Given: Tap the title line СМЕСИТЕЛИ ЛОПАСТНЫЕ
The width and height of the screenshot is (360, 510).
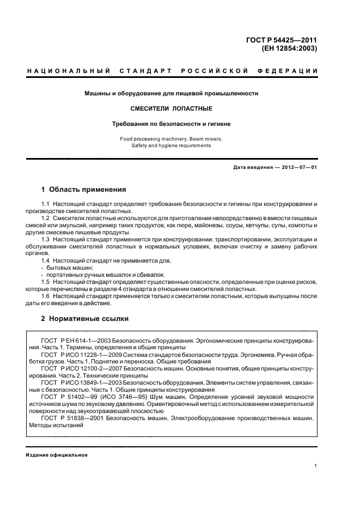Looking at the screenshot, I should (170, 108).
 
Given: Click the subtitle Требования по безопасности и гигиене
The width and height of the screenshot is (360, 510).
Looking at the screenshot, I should (170, 124).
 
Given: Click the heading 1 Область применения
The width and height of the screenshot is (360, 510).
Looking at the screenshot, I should (84, 190).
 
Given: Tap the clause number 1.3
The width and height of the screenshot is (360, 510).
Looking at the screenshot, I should (45, 239).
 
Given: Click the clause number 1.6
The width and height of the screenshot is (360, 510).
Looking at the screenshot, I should (45, 296).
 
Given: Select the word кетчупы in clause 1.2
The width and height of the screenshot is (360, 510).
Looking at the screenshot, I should (249, 225).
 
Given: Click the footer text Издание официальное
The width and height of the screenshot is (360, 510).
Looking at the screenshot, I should (57, 455).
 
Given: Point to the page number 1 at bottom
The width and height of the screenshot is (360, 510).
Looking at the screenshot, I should (315, 466).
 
